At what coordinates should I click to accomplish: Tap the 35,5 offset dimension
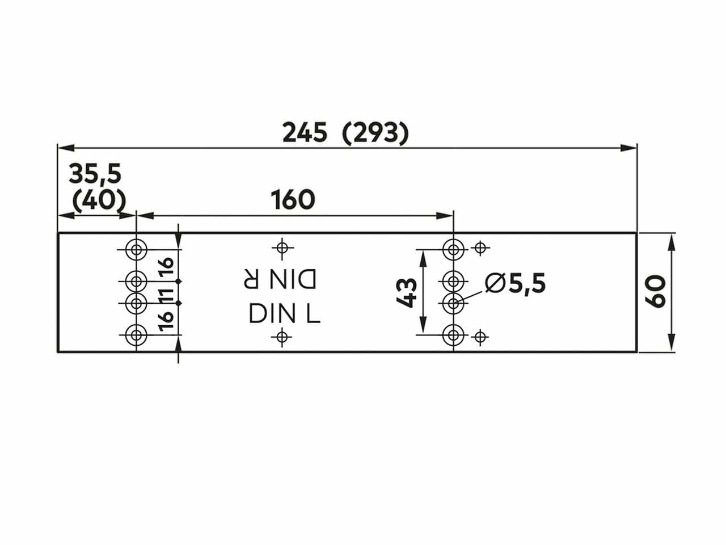95,174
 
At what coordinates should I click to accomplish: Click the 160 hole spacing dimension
292,200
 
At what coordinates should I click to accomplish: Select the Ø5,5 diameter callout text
516,283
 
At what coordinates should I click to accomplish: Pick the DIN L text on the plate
285,313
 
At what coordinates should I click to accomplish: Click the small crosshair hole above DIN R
282,248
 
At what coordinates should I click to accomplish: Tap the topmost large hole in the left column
136,248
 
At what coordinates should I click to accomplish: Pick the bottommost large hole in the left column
136,335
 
